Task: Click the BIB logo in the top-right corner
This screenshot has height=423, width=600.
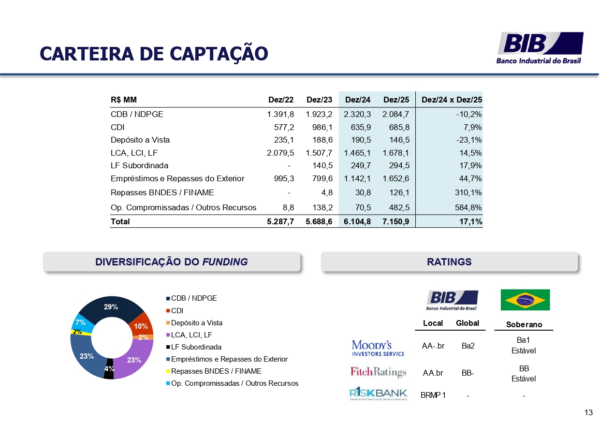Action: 540,47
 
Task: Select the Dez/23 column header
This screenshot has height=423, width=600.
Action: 319,100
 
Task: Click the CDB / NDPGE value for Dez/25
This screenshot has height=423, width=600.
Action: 396,115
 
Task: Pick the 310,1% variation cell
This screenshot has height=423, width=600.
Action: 469,192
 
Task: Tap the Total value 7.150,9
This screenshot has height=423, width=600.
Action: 396,221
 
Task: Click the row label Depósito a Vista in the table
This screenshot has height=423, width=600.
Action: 140,140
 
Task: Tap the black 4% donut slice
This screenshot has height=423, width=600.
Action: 109,369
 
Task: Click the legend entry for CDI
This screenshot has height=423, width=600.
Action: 177,311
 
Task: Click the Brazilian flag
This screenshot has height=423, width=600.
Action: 525,300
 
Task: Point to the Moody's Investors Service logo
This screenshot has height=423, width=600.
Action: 378,348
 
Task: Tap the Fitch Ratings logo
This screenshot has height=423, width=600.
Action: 378,372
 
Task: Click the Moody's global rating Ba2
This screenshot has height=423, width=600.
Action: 468,346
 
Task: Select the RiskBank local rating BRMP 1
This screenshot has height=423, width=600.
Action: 433,395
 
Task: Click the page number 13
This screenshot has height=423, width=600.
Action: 588,412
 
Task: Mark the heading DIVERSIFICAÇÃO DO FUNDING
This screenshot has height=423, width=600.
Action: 172,262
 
